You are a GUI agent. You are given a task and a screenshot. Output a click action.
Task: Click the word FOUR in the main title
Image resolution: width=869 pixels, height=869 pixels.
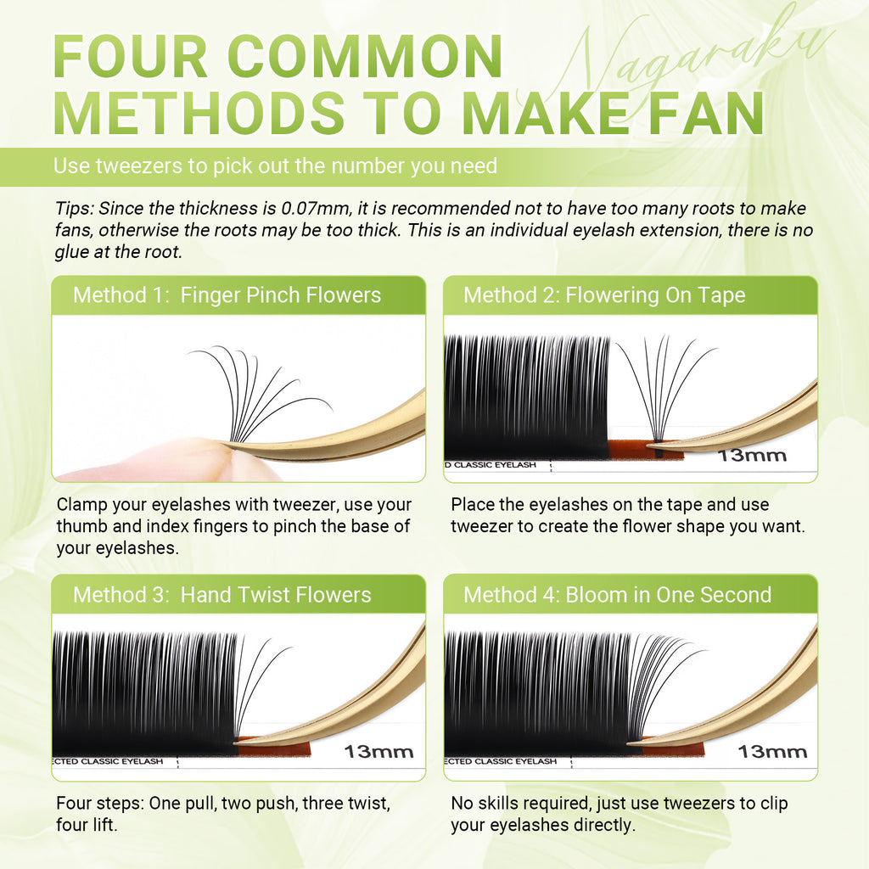pos(130,57)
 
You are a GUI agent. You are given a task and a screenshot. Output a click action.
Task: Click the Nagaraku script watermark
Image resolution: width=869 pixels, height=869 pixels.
pos(692,61)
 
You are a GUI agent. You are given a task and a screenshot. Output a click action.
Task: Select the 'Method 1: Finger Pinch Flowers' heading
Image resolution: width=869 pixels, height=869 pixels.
pos(227,295)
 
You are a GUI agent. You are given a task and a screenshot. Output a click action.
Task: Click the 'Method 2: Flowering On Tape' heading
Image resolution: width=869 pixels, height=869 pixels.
pos(604,295)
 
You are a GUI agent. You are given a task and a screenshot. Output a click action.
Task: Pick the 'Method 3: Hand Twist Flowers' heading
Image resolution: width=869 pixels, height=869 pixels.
pos(221,595)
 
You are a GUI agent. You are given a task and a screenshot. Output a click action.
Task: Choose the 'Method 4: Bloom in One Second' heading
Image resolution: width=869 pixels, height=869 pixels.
pos(618,595)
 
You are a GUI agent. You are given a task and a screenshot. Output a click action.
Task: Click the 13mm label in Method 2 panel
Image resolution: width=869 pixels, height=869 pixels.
pos(752,456)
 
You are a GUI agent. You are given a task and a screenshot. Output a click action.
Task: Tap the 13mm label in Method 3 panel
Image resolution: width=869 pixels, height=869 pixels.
pos(378,752)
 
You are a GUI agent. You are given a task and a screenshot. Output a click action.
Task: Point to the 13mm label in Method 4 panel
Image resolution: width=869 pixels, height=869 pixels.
pos(772,752)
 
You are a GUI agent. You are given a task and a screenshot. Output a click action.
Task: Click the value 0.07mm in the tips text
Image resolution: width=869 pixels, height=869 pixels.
pos(316,209)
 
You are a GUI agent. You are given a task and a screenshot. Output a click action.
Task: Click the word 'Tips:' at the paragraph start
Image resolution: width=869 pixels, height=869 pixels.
pos(75,209)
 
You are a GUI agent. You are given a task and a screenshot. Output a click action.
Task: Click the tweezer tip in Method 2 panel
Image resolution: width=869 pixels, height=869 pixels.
pos(649,445)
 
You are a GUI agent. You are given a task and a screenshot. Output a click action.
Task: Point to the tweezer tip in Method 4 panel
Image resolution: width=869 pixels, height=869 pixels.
pos(630,743)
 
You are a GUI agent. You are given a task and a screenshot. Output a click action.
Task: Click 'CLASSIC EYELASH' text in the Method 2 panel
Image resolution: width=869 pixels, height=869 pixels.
pos(495,465)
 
